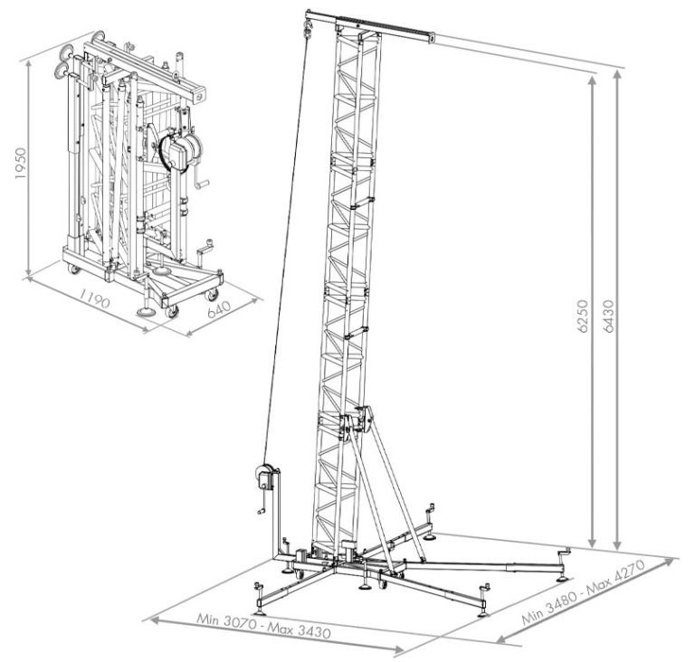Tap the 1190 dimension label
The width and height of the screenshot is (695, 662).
tap(95, 298)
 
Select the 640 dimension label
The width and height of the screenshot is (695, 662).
tap(220, 308)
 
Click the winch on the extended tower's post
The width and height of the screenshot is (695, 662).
tap(262, 476)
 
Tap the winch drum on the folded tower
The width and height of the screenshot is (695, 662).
tap(176, 150)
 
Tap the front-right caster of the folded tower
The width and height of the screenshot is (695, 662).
tap(213, 294)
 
